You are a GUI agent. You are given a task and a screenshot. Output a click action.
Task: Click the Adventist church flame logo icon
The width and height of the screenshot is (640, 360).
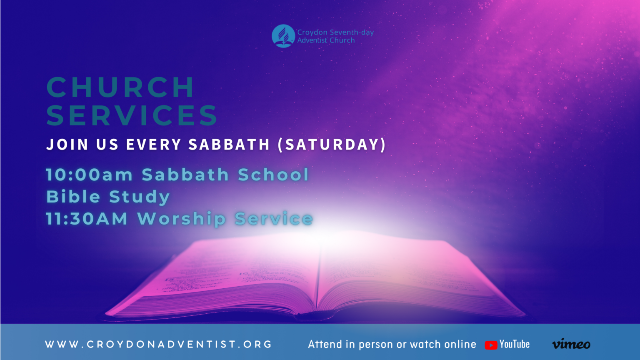click(x=283, y=36)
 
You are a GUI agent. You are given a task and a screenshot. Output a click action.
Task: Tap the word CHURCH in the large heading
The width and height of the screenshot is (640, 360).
click(x=120, y=87)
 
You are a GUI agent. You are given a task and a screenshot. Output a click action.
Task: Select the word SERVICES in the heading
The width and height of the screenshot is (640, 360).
click(x=132, y=115)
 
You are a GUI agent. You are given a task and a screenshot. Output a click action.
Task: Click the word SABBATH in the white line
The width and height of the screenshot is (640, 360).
click(x=229, y=145)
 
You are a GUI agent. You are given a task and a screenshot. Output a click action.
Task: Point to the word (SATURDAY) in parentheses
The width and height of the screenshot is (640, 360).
click(x=332, y=145)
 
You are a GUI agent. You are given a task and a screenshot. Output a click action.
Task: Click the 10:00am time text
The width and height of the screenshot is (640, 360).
click(x=89, y=175)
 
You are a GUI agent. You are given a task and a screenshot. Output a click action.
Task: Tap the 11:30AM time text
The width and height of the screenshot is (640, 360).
click(x=87, y=219)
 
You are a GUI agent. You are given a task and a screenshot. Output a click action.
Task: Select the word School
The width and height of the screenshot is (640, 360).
click(x=273, y=175)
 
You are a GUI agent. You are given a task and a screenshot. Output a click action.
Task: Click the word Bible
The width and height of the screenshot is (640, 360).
click(x=73, y=197)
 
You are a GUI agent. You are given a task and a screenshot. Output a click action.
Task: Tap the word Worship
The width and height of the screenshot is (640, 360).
click(x=182, y=219)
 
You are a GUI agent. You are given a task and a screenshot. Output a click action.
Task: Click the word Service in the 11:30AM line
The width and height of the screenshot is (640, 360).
click(x=274, y=219)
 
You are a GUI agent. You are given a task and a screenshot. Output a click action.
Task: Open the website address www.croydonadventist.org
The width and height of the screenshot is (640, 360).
click(x=158, y=345)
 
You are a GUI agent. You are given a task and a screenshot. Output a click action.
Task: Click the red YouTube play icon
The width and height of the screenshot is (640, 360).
click(x=491, y=345)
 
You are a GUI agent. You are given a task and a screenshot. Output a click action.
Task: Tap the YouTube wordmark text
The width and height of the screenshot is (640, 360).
click(x=515, y=344)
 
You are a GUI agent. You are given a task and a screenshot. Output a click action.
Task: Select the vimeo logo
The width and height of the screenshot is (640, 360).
click(x=571, y=344)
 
